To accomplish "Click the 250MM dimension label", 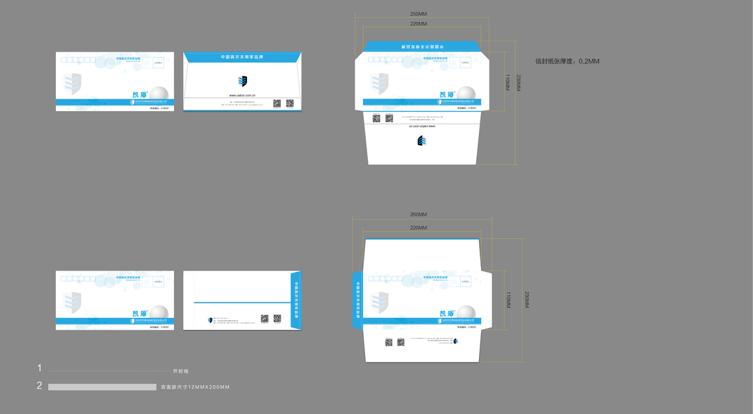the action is click(x=418, y=14).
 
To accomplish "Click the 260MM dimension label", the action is click(x=418, y=215).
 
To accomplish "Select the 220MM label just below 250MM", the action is click(x=418, y=24).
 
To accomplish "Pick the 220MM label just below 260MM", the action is click(x=418, y=228).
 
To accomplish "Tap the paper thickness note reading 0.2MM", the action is click(x=567, y=61).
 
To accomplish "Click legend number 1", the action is click(x=39, y=368).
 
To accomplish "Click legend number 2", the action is click(x=39, y=386).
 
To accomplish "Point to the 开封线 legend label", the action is click(x=180, y=371).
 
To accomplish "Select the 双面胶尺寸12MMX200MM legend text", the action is click(x=195, y=387).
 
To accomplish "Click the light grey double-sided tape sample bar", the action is click(x=102, y=387).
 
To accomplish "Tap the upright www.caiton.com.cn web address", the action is click(x=243, y=95).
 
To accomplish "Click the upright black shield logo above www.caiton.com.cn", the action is click(x=242, y=81).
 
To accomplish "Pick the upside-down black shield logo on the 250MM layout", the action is click(x=422, y=141).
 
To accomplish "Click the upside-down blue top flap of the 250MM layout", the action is click(x=422, y=46).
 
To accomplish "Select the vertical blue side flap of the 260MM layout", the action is click(x=358, y=299).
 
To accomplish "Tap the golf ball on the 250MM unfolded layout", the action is click(x=467, y=95).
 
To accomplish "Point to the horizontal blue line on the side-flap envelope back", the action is click(x=242, y=303).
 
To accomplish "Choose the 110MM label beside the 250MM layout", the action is click(x=507, y=83).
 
